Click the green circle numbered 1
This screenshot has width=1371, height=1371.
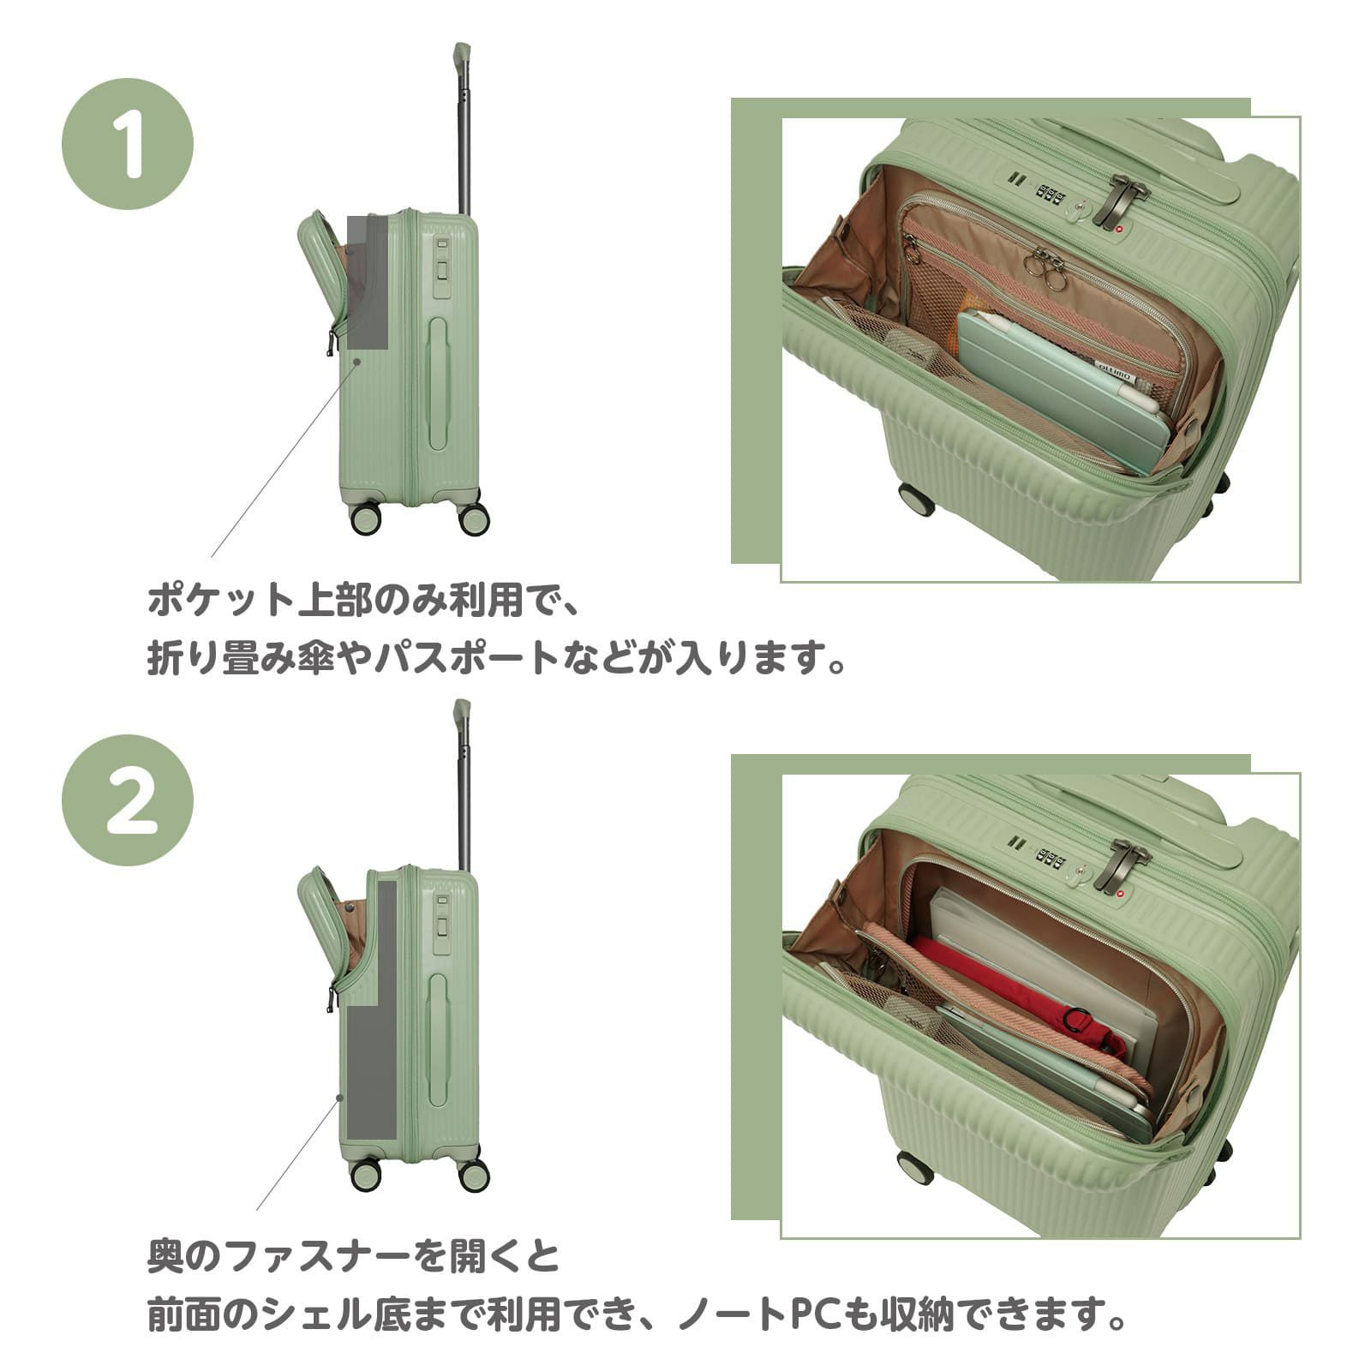pyautogui.click(x=128, y=144)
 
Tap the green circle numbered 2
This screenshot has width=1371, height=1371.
pyautogui.click(x=128, y=800)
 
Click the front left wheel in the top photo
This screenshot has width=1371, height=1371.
pyautogui.click(x=916, y=500)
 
